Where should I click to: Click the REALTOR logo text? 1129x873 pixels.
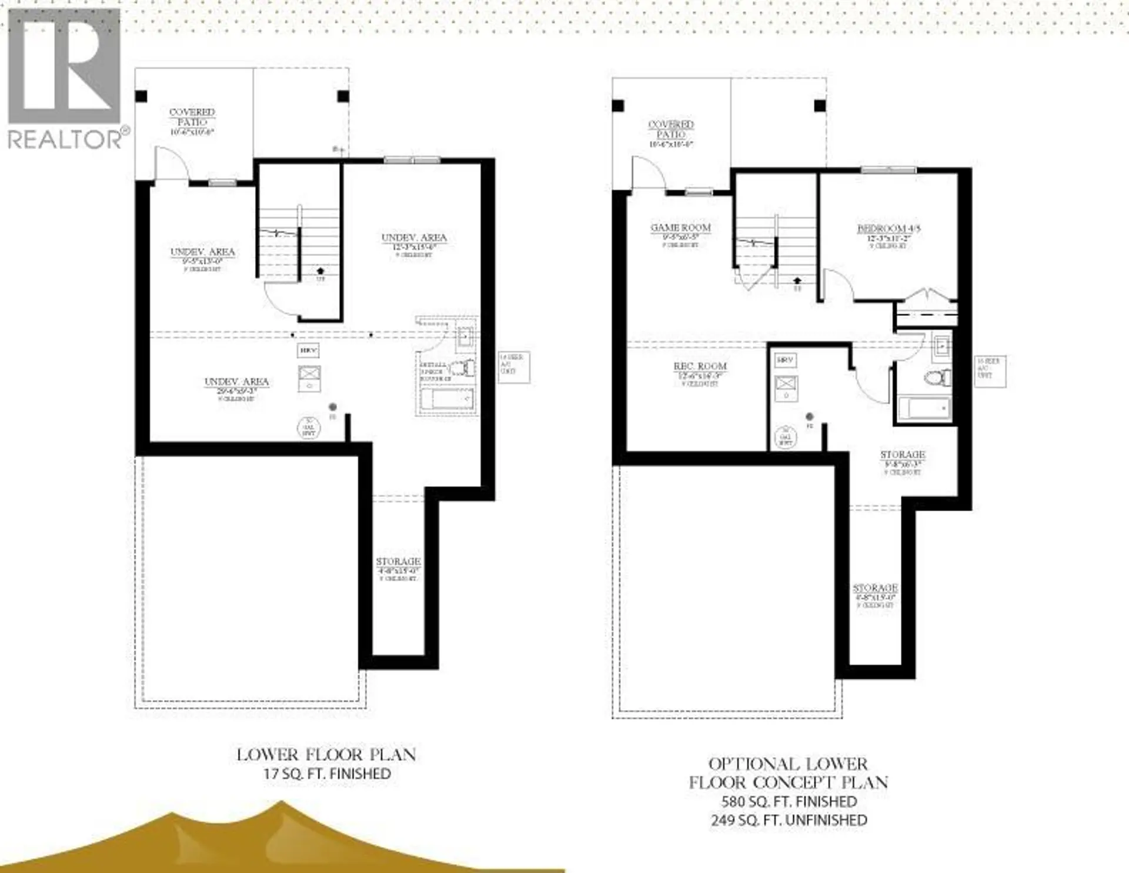pos(65,139)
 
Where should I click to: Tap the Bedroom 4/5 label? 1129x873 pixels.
pos(880,229)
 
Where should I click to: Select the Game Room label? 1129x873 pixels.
pos(680,228)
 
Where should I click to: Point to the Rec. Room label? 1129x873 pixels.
pos(700,366)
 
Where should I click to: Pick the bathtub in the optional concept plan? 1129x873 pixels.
pos(924,408)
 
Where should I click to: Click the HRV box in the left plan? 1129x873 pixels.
pos(308,350)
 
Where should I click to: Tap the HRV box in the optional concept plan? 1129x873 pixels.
pos(785,359)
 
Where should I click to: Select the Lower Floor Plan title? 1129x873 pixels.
pos(326,755)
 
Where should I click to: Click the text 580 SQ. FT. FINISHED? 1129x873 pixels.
pos(789,801)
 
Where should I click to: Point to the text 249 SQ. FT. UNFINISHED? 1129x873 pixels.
pos(789,820)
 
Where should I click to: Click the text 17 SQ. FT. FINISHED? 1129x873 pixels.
pos(327,774)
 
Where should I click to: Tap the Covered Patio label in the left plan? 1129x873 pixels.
pos(192,116)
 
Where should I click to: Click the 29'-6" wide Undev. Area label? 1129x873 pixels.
pos(236,382)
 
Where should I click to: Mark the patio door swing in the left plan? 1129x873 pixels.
pos(170,163)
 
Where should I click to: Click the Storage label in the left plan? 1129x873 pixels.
pos(398,562)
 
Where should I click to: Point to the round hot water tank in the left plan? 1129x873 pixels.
pos(309,427)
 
